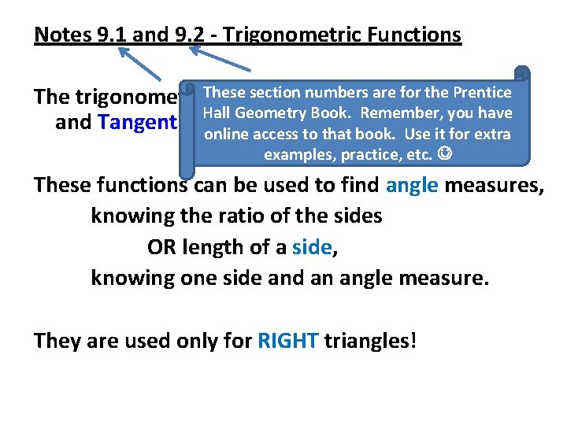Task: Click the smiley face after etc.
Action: [x=445, y=155]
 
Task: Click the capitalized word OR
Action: [x=161, y=247]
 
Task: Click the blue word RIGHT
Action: [x=287, y=341]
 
